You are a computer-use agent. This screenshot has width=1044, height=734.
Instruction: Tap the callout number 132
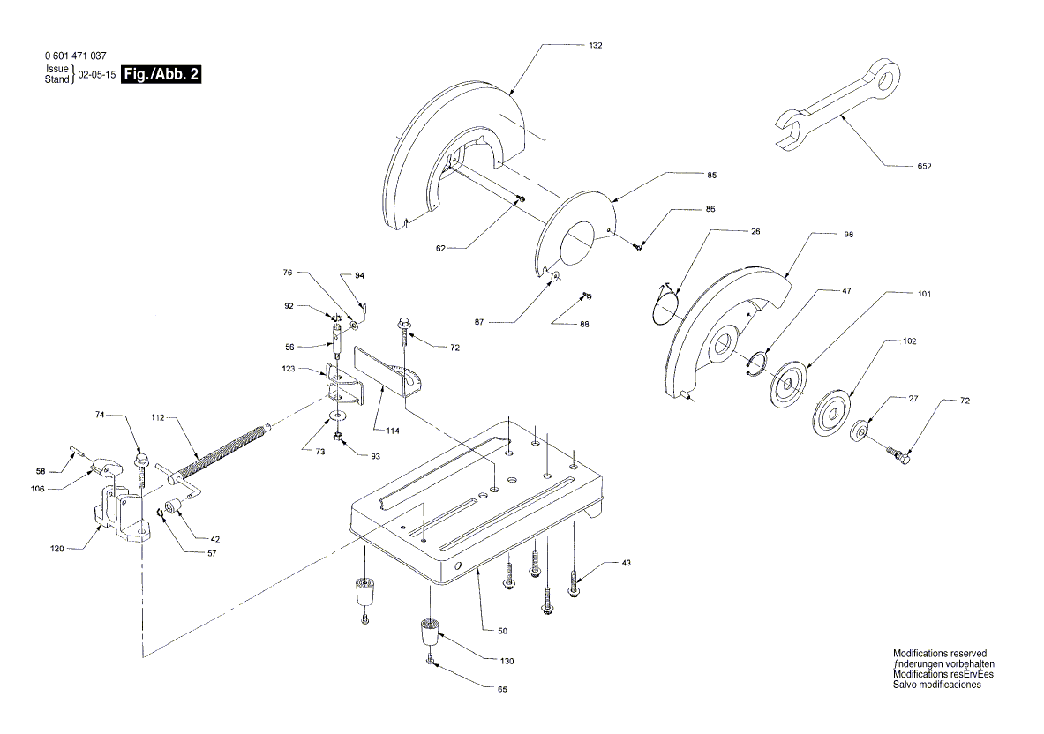click(597, 44)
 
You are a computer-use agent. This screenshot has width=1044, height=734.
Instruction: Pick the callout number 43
click(626, 562)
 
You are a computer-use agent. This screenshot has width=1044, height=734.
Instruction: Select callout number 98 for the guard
click(848, 235)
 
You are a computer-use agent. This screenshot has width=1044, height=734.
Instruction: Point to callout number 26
click(755, 231)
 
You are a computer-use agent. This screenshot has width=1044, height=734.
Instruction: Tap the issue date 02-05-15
click(97, 76)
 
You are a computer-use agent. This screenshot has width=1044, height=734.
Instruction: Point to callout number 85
click(710, 176)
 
